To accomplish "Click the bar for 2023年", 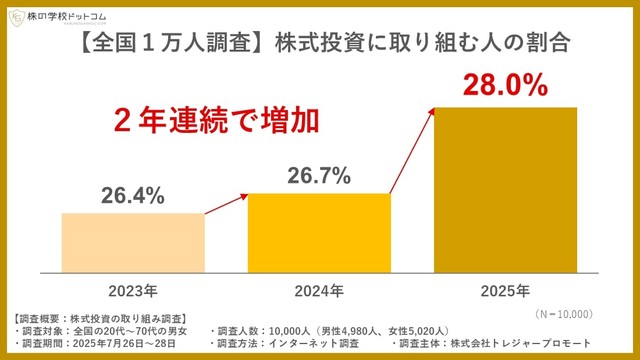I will pyautogui.click(x=132, y=241).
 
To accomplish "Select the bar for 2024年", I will pyautogui.click(x=319, y=232).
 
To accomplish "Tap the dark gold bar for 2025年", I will pyautogui.click(x=505, y=188).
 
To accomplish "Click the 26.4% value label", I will pyautogui.click(x=132, y=196).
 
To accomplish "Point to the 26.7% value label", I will pyautogui.click(x=319, y=176).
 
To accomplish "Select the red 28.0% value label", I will pyautogui.click(x=505, y=83).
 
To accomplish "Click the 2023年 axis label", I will pyautogui.click(x=132, y=291).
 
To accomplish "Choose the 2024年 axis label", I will pyautogui.click(x=319, y=291).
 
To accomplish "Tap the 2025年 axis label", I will pyautogui.click(x=505, y=291).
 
